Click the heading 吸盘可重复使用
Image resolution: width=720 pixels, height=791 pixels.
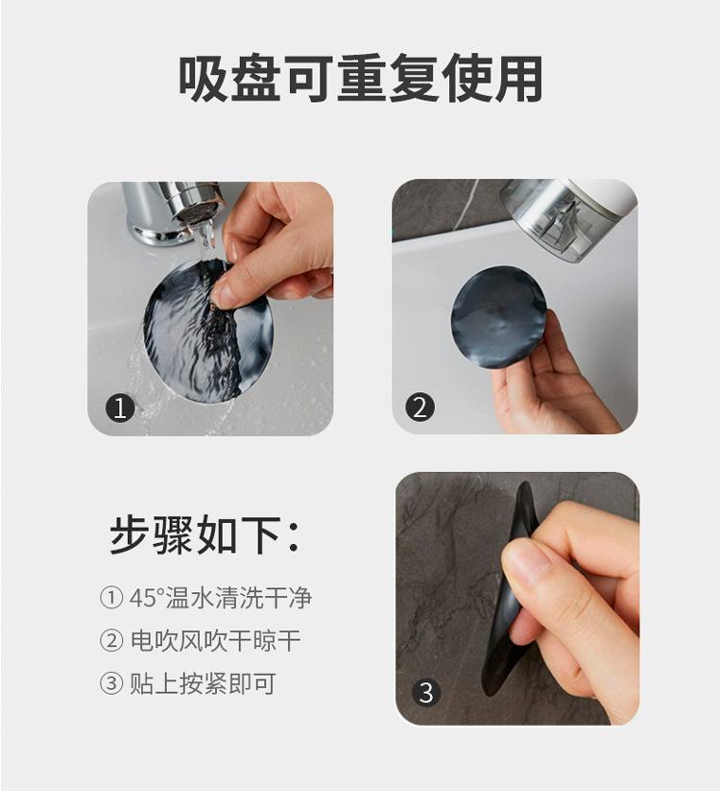(360, 79)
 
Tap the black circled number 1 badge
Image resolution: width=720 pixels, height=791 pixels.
(120, 408)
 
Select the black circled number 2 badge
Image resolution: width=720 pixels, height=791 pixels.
(420, 407)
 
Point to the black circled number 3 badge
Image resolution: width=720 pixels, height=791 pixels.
(426, 692)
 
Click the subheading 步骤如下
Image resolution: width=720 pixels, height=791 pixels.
(204, 534)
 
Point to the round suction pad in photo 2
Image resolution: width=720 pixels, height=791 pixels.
(499, 318)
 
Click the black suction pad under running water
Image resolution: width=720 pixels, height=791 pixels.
(207, 331)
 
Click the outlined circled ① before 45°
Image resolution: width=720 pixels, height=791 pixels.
(111, 598)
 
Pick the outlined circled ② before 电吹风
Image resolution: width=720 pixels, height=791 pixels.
(111, 641)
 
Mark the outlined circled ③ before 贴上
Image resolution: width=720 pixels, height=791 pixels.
(111, 684)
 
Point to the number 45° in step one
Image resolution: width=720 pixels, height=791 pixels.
(145, 598)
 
